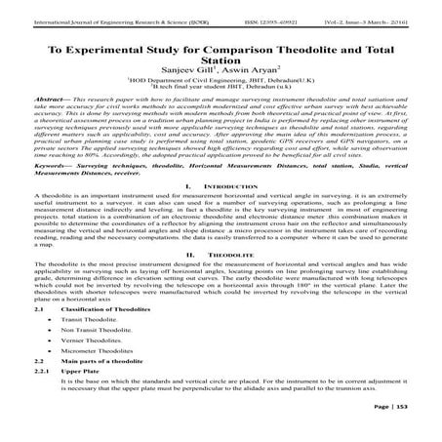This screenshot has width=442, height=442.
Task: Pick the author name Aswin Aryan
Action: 248,72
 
